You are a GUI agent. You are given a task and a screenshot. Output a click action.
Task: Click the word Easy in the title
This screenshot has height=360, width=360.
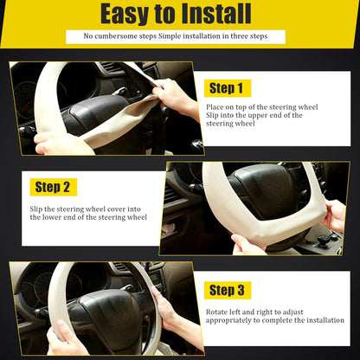[127, 15]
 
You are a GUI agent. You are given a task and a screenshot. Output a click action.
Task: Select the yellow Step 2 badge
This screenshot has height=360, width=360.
[54, 187]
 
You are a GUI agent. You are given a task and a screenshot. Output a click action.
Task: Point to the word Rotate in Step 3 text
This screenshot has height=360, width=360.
[219, 311]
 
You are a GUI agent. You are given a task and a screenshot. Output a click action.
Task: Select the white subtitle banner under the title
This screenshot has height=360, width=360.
[175, 36]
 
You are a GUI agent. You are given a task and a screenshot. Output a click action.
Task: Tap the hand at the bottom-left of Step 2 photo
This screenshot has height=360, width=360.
[249, 246]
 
